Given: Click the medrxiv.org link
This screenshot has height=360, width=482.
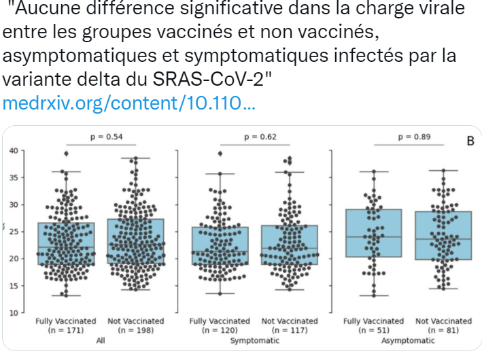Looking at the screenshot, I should tap(129, 104).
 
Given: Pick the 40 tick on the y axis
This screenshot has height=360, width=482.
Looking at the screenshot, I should tap(16, 150).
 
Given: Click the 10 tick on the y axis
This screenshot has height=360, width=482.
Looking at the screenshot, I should tap(16, 313).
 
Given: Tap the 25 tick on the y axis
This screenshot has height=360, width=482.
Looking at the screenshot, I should tap(16, 231).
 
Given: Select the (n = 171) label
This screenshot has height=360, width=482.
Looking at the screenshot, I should tap(65, 330).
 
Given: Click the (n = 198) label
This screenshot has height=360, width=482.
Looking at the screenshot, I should tap(136, 330).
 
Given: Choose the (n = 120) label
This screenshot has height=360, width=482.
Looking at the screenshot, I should tap(219, 330).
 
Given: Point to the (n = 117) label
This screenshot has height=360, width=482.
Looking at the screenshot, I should tap(290, 330).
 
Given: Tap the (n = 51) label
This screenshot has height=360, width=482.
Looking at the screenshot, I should tap(373, 330).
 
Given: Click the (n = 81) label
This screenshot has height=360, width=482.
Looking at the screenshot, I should tap(443, 330).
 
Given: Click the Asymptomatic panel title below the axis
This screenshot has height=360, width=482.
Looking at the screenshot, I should tap(408, 339).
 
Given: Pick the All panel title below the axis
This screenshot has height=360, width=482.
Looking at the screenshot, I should tap(101, 339).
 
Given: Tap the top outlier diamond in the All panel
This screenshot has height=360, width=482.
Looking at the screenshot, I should tap(66, 154).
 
